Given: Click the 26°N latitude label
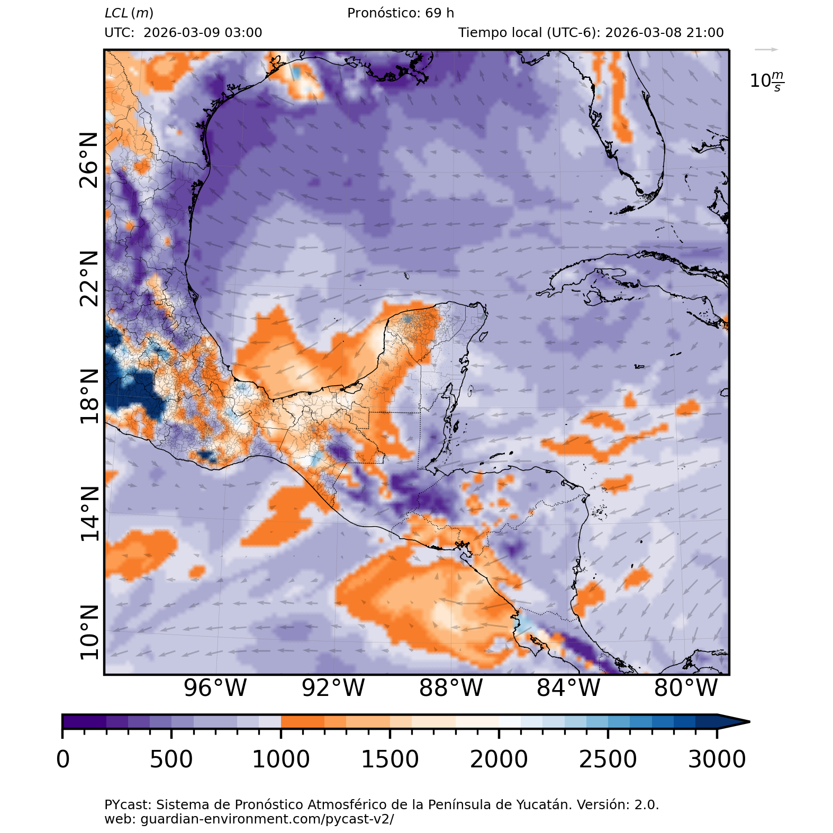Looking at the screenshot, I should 89,160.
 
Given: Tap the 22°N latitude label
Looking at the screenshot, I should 89,278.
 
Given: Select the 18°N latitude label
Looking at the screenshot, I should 89,396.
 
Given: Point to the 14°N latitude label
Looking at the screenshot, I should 89,514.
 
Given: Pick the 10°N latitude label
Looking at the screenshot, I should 89,632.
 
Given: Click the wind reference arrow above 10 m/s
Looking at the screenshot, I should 766,50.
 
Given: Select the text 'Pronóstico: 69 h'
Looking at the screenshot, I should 401,13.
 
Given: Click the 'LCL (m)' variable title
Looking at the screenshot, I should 129,13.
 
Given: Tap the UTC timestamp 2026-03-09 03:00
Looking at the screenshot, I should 203,33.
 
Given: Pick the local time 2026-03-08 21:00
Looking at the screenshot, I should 664,33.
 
